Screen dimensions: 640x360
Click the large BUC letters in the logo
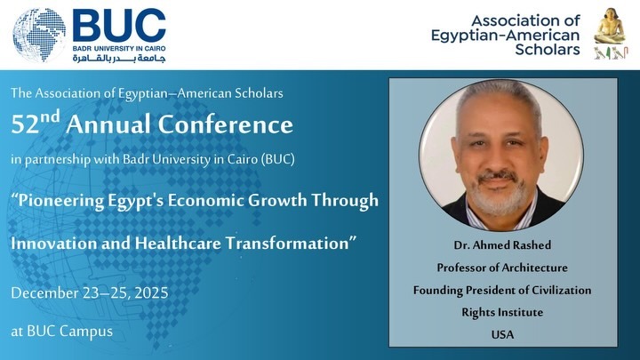click(x=119, y=25)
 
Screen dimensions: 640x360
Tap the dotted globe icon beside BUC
click(x=39, y=35)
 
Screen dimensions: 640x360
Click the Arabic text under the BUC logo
click(x=119, y=59)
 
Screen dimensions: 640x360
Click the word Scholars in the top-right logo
click(x=548, y=50)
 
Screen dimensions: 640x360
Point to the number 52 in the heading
click(x=25, y=125)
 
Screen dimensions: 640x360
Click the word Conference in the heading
click(x=225, y=124)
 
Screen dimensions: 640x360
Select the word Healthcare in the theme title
click(x=179, y=244)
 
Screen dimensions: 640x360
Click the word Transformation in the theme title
click(x=287, y=244)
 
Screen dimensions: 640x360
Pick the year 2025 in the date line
click(x=151, y=293)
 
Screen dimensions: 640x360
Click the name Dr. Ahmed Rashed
click(x=502, y=245)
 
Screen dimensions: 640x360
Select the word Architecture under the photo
click(x=534, y=268)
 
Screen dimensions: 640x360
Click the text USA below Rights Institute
click(x=502, y=335)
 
